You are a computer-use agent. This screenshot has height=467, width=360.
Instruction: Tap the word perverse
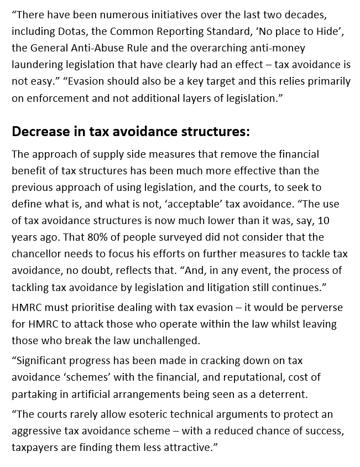pyautogui.click(x=321, y=307)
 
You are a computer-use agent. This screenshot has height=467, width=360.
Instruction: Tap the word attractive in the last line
pyautogui.click(x=182, y=447)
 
